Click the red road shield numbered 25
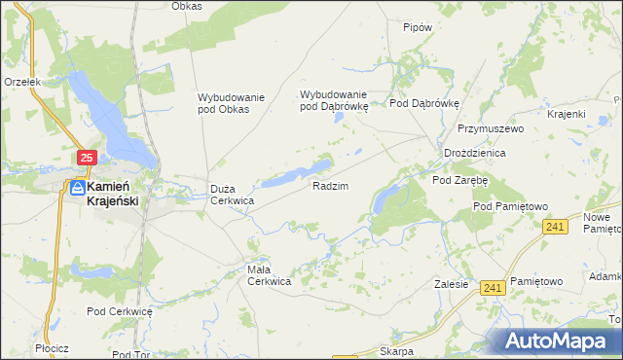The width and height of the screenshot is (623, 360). tap(87, 158)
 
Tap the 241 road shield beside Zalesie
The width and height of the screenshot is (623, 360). tap(493, 287)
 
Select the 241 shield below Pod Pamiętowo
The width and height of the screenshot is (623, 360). tap(554, 227)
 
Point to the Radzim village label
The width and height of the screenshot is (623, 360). tap(330, 185)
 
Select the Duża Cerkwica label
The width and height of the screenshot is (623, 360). tap(233, 195)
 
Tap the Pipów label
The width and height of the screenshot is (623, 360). tap(417, 28)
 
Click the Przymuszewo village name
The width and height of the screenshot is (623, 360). tap(492, 128)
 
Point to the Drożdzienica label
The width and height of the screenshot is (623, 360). tap(473, 154)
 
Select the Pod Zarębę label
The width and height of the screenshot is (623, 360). tap(459, 180)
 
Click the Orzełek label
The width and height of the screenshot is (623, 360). tap(21, 83)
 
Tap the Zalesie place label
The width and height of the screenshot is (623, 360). tap(452, 285)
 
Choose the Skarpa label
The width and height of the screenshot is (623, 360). tap(397, 351)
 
